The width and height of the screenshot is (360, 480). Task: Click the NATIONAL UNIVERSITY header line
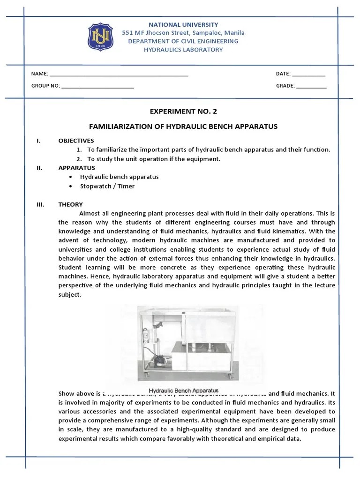pos(183,24)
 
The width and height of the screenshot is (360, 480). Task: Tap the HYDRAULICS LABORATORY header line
pos(183,50)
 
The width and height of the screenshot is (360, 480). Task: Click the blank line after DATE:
pos(308,75)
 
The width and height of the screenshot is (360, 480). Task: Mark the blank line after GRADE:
pos(311,87)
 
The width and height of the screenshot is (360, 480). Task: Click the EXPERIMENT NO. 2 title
pos(183,111)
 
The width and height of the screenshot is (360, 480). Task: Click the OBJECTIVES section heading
pos(76,141)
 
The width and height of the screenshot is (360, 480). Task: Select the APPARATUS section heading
pos(76,168)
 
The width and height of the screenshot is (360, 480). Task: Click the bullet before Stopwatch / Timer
pos(70,186)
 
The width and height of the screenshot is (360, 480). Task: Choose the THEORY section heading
pos(70,204)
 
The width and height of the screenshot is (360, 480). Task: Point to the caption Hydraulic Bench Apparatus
pos(183,390)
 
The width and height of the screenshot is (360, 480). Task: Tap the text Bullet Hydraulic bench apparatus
pos(119,177)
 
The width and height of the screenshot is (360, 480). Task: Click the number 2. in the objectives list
pos(79,159)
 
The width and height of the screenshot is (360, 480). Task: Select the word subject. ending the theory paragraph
pos(70,295)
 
